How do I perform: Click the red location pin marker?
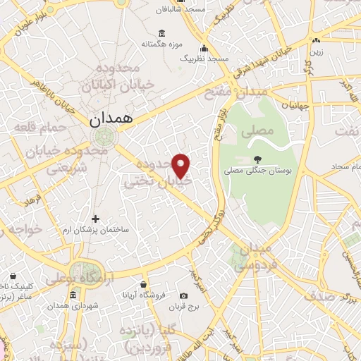(x=182, y=166)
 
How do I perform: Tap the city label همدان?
(x=111, y=121)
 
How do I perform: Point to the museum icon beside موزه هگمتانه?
(x=161, y=33)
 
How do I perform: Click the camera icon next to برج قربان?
(x=183, y=295)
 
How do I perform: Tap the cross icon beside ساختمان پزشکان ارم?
(x=97, y=219)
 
